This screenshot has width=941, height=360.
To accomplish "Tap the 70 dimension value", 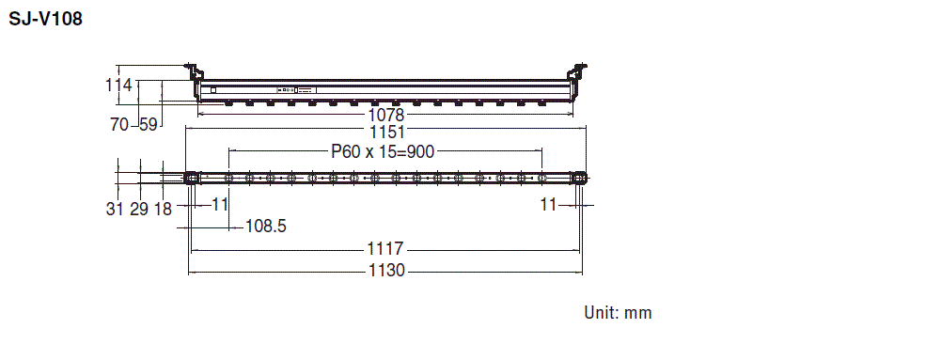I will (119, 124).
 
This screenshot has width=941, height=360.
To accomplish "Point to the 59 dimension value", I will (149, 124).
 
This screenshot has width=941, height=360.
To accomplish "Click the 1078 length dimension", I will (384, 115).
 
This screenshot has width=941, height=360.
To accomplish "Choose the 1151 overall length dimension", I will (384, 133).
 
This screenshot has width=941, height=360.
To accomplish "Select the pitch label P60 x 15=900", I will (384, 150).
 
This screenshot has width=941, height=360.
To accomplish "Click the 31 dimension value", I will (115, 209).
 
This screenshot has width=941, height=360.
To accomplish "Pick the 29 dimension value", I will (139, 209).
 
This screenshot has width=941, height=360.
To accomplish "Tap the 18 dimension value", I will (163, 209).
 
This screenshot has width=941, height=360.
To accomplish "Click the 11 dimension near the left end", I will (221, 204).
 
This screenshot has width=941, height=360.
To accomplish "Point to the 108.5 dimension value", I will (266, 226).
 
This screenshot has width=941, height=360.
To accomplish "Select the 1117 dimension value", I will (384, 250).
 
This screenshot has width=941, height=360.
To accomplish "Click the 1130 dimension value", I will (384, 271).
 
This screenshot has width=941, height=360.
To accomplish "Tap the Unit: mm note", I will (618, 313).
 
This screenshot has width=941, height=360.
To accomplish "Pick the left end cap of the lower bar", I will (191, 177).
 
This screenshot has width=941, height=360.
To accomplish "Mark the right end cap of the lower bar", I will (580, 177).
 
